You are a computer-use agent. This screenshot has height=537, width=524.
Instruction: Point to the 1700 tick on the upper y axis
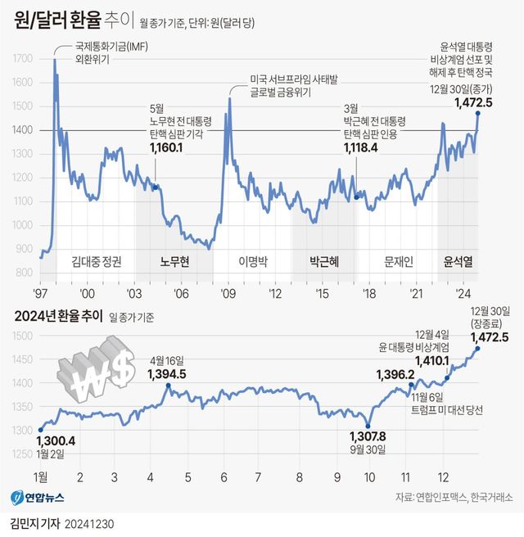tap(23, 59)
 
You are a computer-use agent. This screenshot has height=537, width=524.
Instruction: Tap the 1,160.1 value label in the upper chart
tap(168, 147)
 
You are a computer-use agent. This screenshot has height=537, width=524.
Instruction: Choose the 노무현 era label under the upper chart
tap(174, 262)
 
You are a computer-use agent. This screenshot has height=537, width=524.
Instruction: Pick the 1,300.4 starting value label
tap(56, 440)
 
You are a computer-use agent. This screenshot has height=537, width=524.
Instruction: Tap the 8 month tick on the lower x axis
tap(299, 477)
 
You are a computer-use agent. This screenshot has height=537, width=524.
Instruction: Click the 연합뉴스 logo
tap(37, 497)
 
